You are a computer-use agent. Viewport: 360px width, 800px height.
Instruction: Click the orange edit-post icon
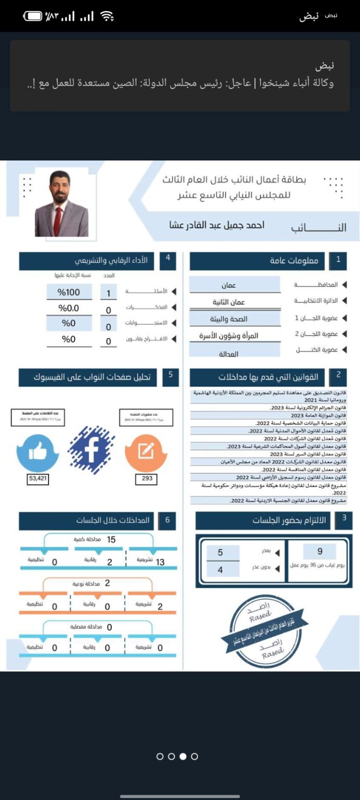145,452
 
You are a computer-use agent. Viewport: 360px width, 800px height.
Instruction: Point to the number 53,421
38,478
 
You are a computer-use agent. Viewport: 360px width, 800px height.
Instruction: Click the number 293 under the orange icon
147,478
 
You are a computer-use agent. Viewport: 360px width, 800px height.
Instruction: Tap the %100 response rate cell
69,292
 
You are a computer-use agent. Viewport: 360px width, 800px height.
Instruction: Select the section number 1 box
338,260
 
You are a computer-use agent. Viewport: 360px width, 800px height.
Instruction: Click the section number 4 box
168,259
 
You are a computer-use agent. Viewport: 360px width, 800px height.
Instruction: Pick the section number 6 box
167,520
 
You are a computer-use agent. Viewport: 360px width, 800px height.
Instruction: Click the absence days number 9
319,552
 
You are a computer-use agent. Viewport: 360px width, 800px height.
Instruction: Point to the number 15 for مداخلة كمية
111,540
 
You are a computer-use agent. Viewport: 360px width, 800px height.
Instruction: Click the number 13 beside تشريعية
160,562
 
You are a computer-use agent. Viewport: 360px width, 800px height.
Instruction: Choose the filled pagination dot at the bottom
183,756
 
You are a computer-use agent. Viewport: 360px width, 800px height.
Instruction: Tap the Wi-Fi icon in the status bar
107,16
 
